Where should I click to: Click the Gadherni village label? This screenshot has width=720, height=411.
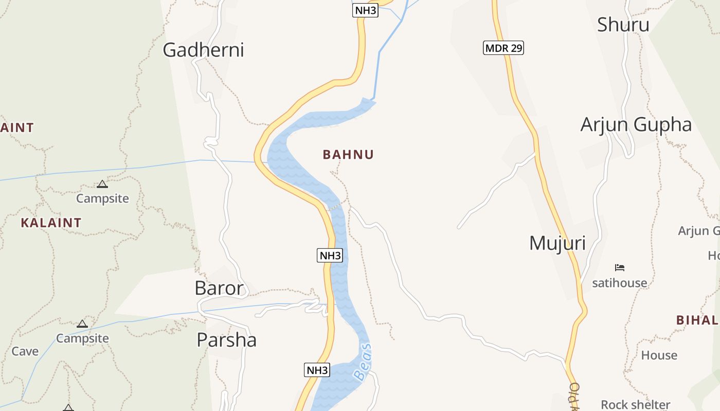tap(203, 50)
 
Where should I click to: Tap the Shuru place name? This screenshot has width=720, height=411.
tap(623, 24)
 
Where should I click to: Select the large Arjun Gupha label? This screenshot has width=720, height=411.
tap(636, 125)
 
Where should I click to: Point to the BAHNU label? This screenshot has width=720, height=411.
tap(348, 155)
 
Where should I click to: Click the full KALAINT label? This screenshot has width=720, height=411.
tap(51, 223)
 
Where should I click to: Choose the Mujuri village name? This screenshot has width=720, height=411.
tap(557, 243)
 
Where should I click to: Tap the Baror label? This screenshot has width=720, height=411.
tap(219, 288)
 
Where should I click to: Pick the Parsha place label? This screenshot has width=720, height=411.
tap(226, 340)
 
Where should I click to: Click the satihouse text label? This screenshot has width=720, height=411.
tap(619, 283)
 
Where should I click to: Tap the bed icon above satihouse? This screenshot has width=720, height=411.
tap(619, 268)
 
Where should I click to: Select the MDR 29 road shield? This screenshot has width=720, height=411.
tap(503, 48)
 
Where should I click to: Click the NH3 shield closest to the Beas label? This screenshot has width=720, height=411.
tap(317, 370)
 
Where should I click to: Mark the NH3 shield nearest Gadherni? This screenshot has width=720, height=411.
tap(365, 10)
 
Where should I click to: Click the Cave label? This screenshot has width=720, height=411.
tap(25, 351)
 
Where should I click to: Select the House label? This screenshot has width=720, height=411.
tap(659, 355)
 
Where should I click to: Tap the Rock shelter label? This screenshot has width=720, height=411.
tap(635, 404)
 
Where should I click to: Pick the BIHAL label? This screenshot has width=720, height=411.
tap(697, 320)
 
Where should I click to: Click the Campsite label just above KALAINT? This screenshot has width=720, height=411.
tap(102, 198)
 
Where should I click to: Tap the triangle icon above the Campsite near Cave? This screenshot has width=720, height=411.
tap(82, 324)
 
